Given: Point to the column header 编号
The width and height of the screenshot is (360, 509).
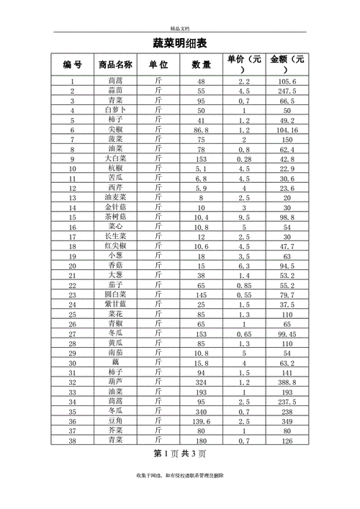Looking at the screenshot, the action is coord(73,65).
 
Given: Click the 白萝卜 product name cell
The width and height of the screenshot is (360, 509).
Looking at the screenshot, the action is coord(115,110).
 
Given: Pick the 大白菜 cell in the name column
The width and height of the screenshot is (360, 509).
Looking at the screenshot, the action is coord(115,158).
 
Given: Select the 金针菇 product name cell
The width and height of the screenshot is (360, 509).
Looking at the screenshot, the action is coord(115,207).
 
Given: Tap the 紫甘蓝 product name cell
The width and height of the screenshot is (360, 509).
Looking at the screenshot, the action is coord(115,304).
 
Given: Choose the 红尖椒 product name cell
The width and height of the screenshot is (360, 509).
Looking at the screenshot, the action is coord(115,246).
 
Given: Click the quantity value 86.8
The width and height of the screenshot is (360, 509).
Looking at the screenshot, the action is coord(201,130).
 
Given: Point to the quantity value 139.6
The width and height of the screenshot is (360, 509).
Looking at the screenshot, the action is coord(201,420).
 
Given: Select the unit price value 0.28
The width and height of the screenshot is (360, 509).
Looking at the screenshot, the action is coord(243,158).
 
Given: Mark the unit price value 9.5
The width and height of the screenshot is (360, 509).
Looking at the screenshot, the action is coord(243,217).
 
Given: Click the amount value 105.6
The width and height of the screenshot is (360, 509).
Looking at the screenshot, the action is coord(287,81).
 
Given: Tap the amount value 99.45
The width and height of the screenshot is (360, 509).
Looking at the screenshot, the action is coord(287,333).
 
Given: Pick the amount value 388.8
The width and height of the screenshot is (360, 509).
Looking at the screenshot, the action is coord(287,382).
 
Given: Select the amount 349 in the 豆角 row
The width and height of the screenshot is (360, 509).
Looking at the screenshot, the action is coord(287,420).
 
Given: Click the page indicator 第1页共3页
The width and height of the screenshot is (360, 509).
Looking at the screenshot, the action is coord(180,454).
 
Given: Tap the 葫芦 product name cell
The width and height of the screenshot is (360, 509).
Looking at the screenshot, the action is coord(115,382).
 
